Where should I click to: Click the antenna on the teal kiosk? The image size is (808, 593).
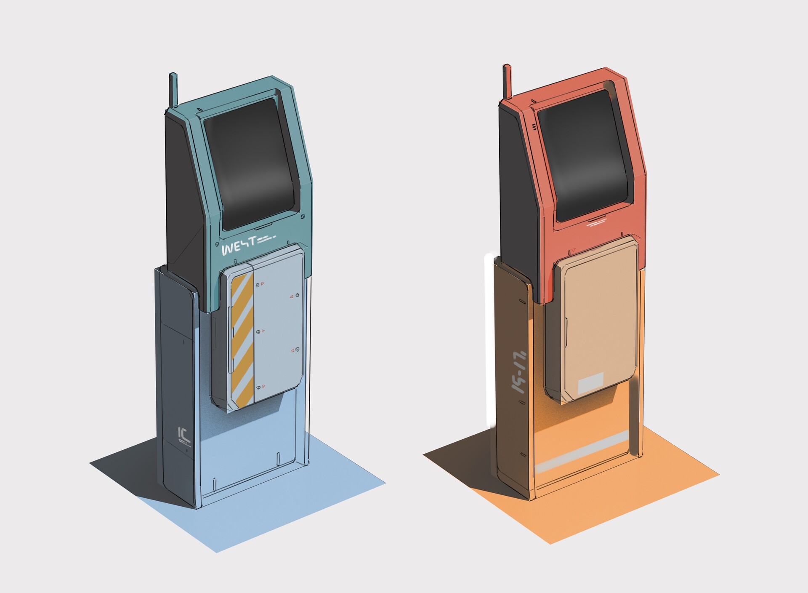click(x=173, y=91)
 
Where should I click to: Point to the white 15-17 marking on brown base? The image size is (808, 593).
click(x=518, y=370)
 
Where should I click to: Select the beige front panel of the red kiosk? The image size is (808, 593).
click(x=598, y=320)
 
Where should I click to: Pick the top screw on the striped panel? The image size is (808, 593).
click(x=258, y=286)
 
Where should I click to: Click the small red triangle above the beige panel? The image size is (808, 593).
click(x=573, y=251)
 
